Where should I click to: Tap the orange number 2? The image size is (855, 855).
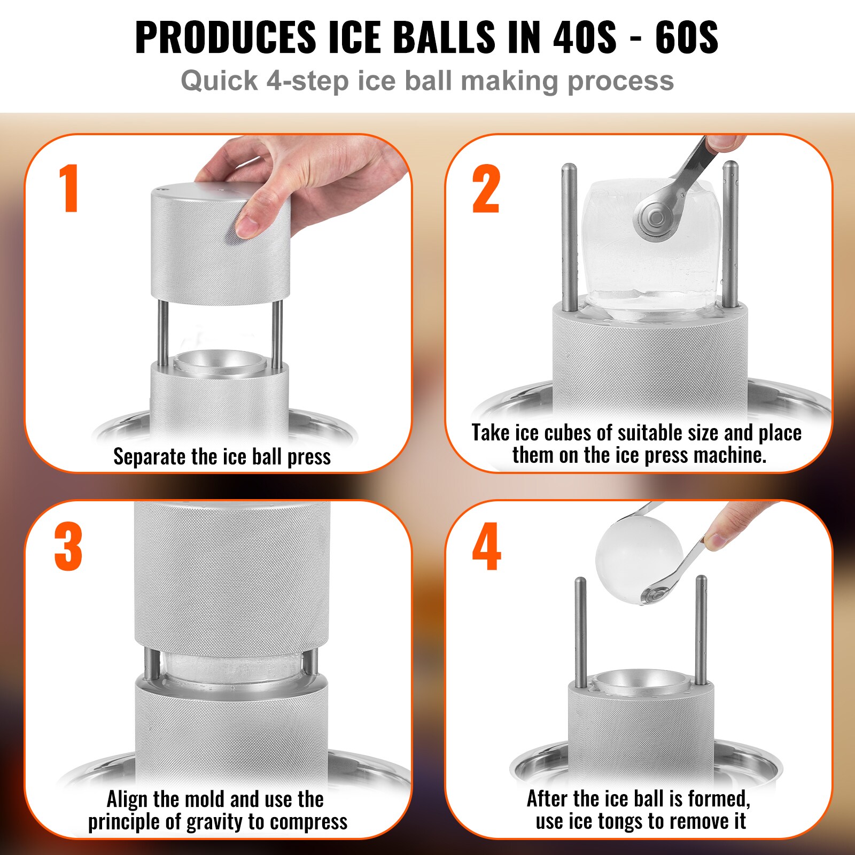click(486, 189)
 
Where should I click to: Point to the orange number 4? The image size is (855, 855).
click(486, 547)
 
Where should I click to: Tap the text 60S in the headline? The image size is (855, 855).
click(686, 37)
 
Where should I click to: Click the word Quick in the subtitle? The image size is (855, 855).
click(219, 81)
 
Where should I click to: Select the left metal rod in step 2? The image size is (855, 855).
click(569, 235)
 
